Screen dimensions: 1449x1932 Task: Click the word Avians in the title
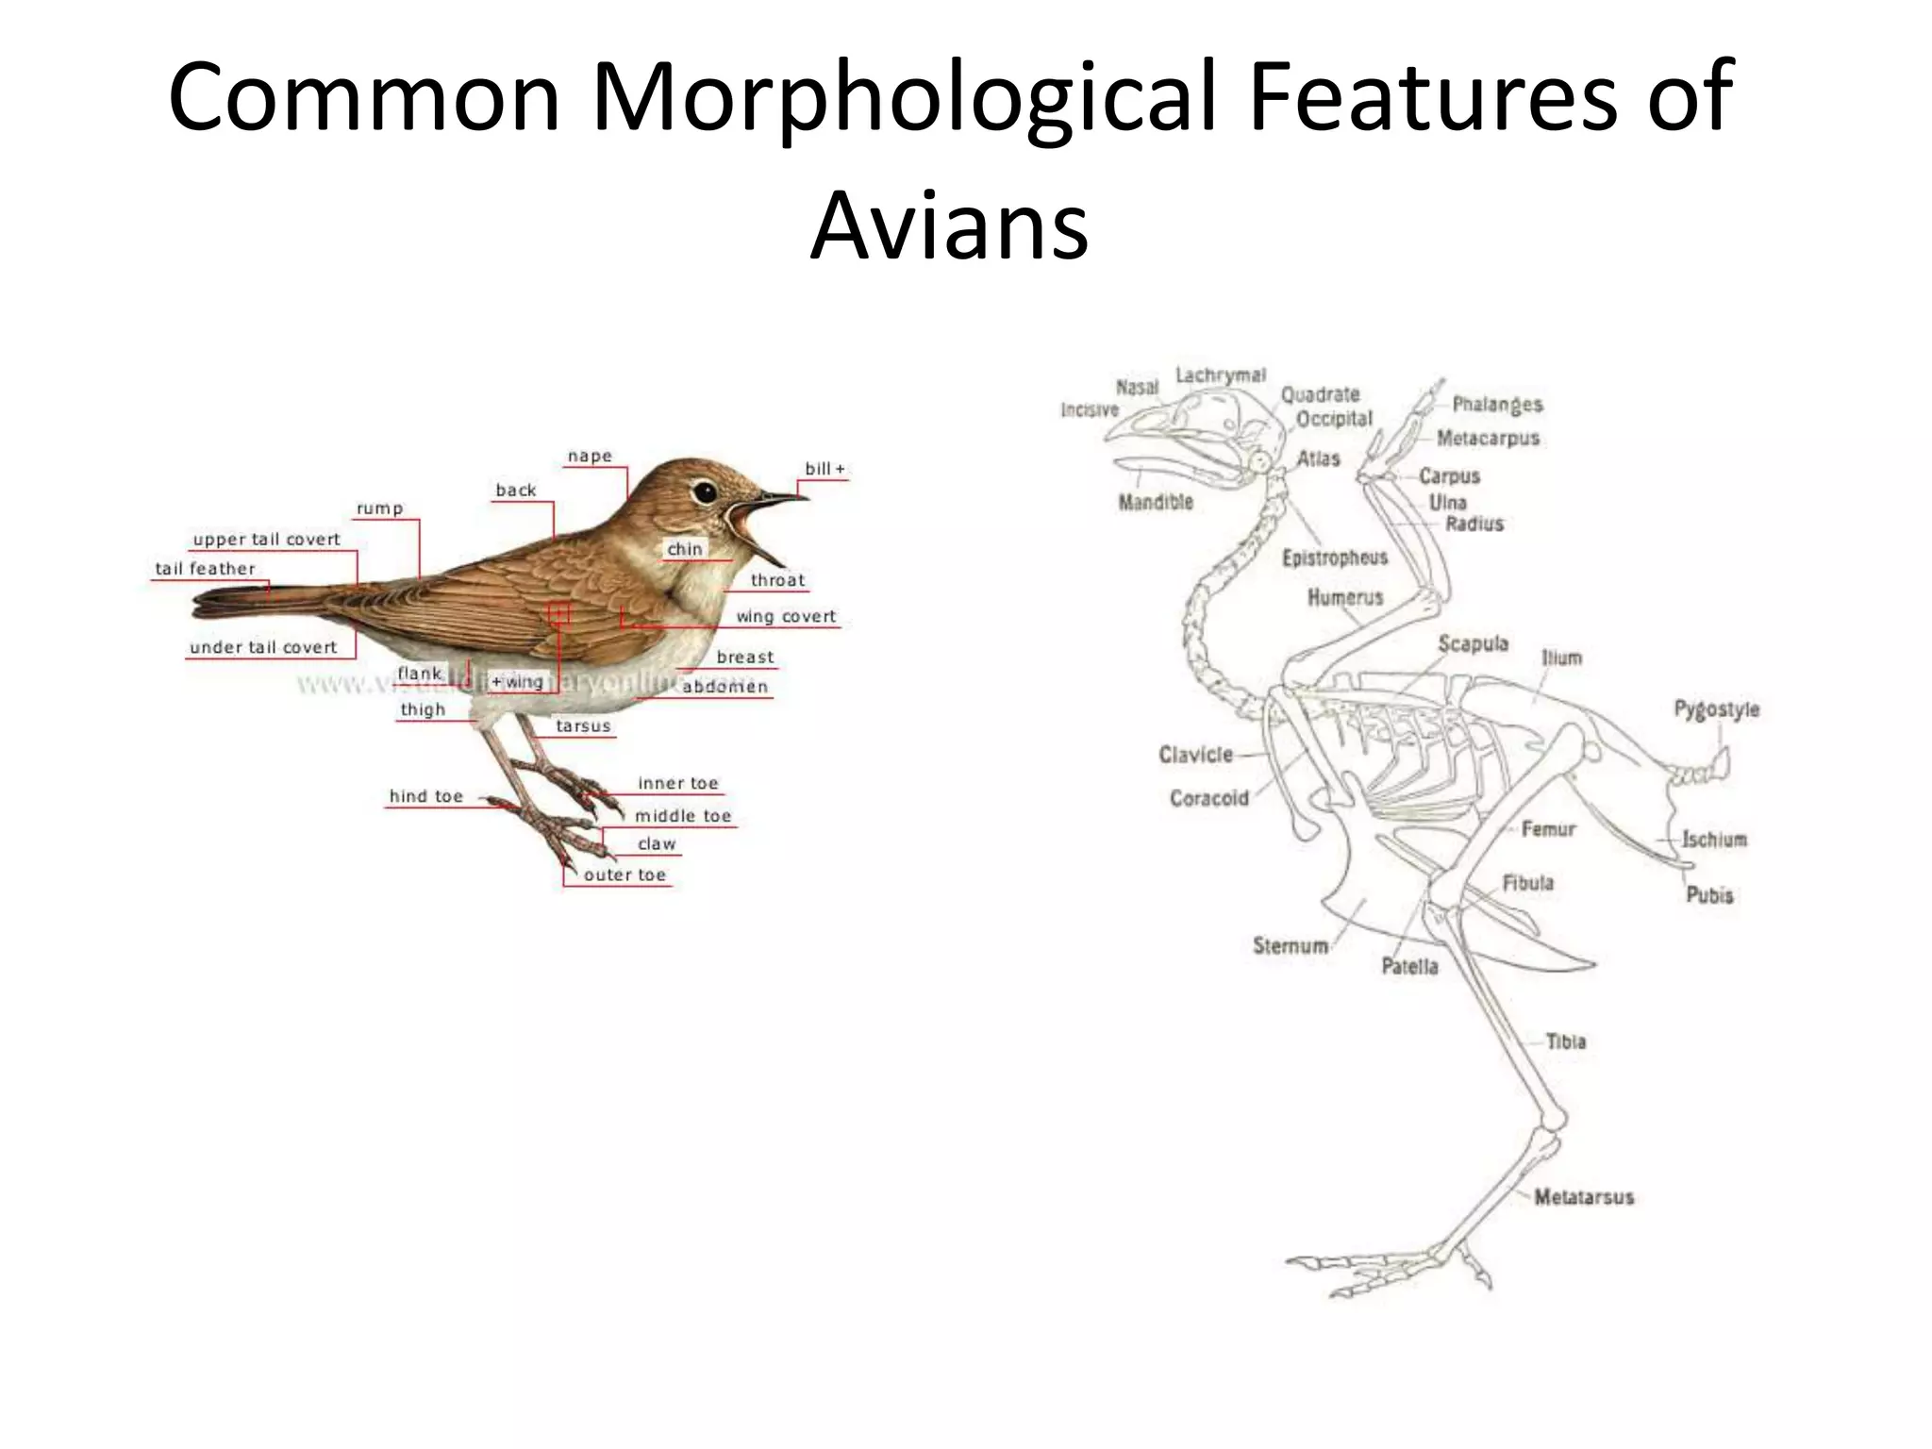pos(949,226)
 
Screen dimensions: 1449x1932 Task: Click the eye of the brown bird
pos(703,491)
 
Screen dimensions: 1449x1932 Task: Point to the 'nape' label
pos(590,457)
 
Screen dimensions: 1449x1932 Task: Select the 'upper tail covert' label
pos(266,540)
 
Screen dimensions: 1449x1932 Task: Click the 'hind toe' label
pos(426,796)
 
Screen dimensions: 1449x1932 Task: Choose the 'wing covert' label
pos(786,617)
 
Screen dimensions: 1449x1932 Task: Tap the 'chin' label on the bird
pos(685,549)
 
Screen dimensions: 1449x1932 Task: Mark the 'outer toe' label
pos(625,874)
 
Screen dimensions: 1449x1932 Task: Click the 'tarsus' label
pos(583,726)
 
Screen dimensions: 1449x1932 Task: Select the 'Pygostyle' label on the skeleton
pos(1716,708)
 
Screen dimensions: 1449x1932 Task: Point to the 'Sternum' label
pos(1290,945)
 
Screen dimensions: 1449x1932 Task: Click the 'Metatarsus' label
pos(1583,1197)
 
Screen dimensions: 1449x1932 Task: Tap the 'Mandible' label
pos(1156,502)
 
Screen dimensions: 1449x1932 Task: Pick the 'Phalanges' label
pos(1497,405)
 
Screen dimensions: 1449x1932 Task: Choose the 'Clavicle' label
pos(1195,755)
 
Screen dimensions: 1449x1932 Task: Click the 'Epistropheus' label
pos(1334,558)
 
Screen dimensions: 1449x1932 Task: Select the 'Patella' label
pos(1409,966)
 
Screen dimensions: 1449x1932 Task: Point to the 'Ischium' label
pos(1714,839)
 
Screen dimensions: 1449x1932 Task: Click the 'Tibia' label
pos(1565,1041)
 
